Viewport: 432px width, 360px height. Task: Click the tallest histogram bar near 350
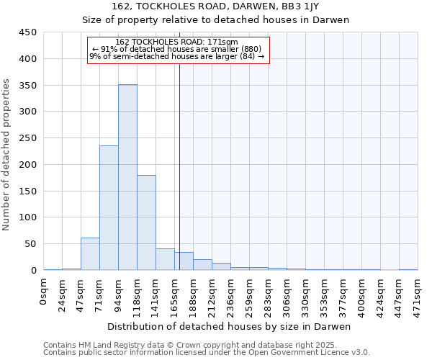[x=127, y=177]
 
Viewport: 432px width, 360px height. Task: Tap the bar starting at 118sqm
[x=146, y=222]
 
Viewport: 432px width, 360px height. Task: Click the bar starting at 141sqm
[x=165, y=259]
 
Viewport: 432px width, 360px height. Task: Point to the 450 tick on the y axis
[x=27, y=32]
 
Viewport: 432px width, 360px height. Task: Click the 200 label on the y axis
[x=27, y=164]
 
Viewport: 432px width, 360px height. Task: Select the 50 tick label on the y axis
[x=30, y=244]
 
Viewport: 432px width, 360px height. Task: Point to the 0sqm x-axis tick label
[x=44, y=292]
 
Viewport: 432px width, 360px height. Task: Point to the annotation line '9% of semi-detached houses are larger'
[x=177, y=56]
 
